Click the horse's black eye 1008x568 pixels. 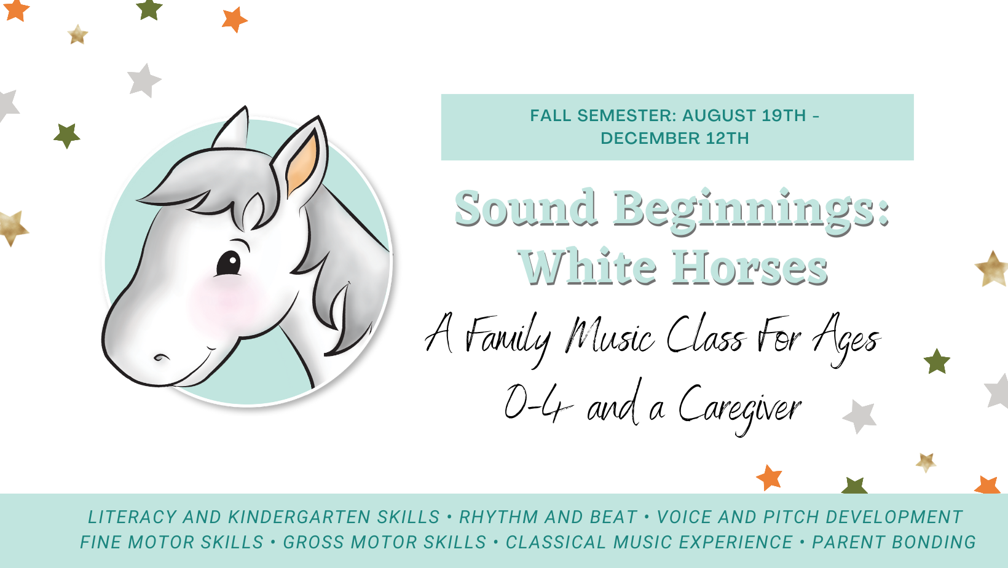(229, 263)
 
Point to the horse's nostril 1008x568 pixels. (161, 358)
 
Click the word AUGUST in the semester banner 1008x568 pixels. (719, 116)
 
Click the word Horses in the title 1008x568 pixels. (749, 267)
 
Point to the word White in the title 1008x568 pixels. (587, 267)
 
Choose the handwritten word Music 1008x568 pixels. (610, 335)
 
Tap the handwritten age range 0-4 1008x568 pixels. (538, 403)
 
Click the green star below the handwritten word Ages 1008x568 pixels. (937, 361)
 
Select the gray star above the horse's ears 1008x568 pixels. (144, 81)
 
